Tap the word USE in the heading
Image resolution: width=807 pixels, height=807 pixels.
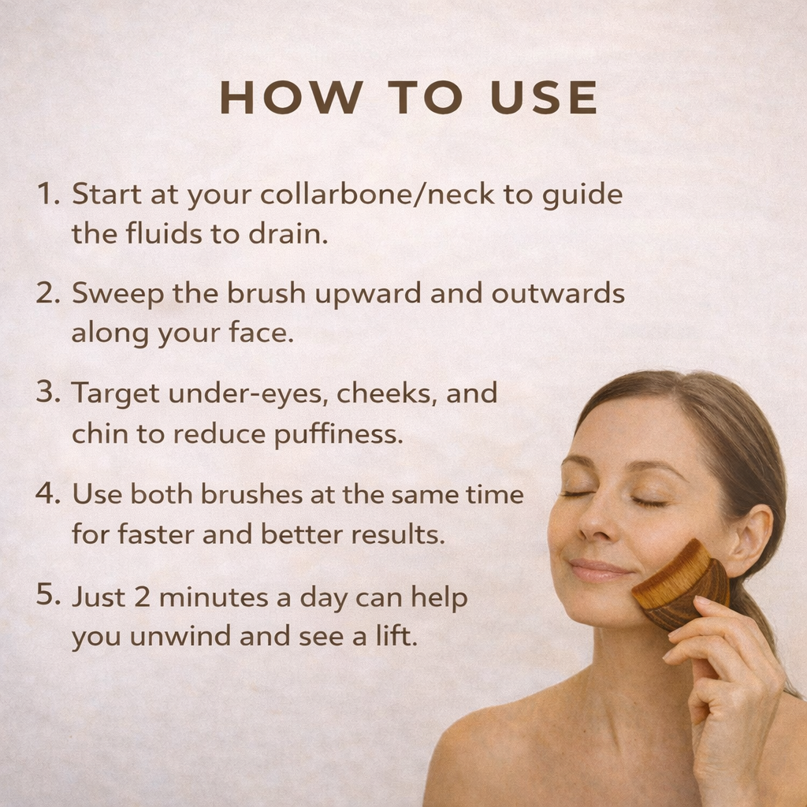tap(544, 99)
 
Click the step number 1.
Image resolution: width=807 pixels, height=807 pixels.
tap(47, 194)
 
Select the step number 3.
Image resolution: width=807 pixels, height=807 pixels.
tap(47, 392)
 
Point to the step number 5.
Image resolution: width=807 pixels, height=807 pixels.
tap(47, 596)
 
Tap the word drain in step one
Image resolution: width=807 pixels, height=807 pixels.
tap(292, 233)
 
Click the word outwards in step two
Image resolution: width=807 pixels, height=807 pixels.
tap(558, 293)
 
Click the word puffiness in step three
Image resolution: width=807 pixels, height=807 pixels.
tap(338, 434)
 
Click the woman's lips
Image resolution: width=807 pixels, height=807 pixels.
tap(598, 569)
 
